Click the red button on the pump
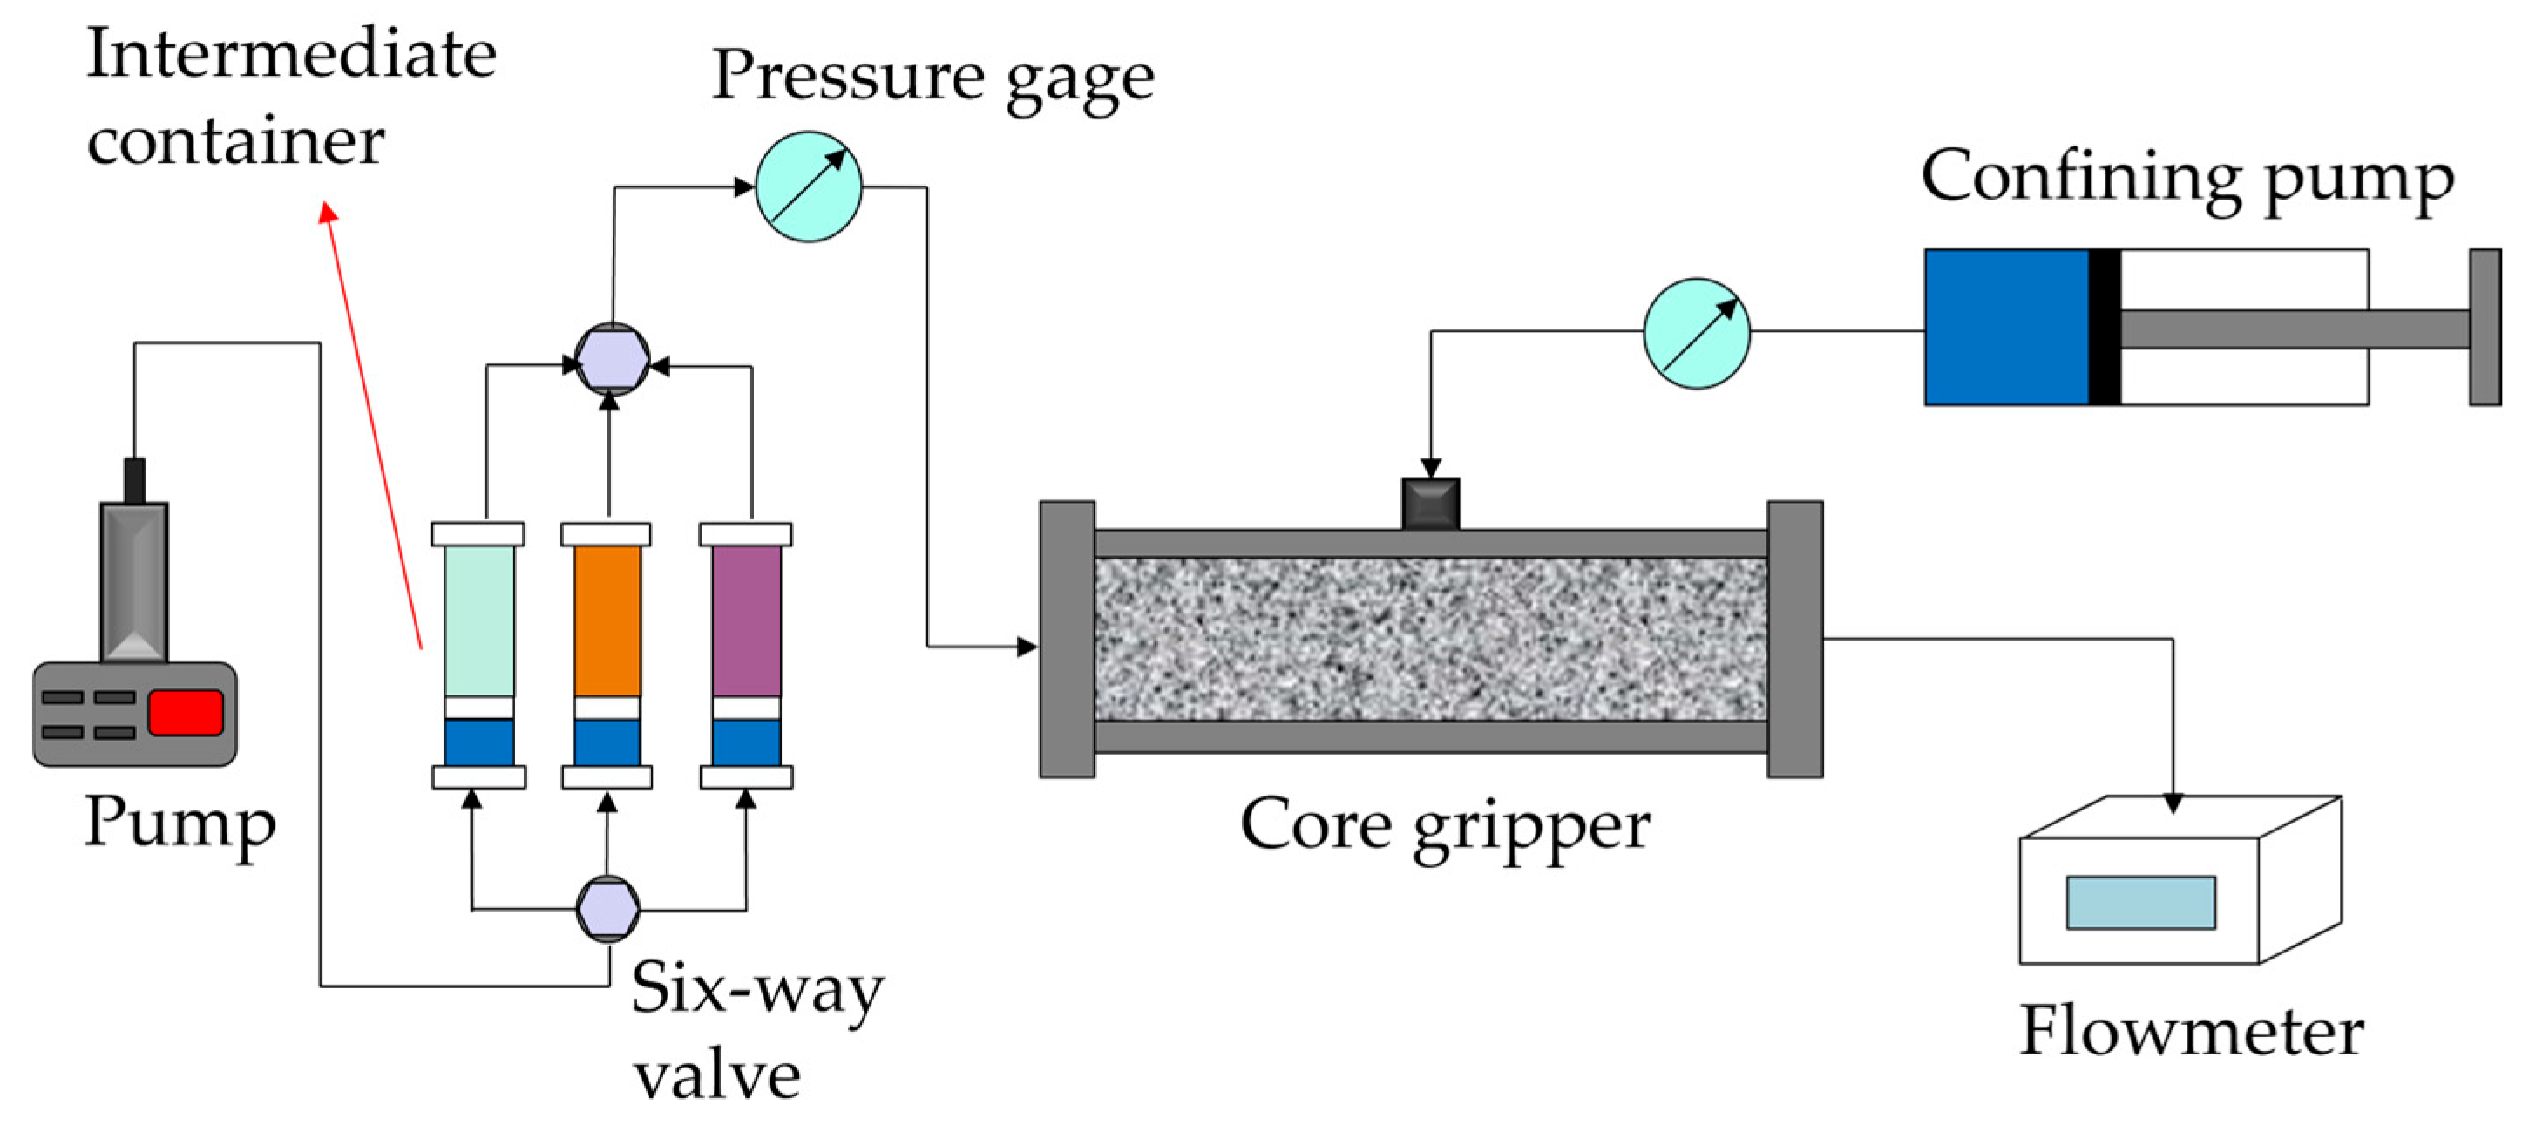(x=186, y=712)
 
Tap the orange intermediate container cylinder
(x=607, y=620)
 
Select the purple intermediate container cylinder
(x=746, y=620)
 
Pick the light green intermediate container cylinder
(x=478, y=620)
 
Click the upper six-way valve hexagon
(x=612, y=359)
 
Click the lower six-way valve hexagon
(x=607, y=908)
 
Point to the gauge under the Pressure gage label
(x=808, y=186)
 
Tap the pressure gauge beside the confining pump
(x=1697, y=333)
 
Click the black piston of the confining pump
(x=2104, y=327)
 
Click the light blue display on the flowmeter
(x=2140, y=901)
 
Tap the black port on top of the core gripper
(x=1430, y=503)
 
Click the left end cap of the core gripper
(x=1068, y=638)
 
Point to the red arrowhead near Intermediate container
(x=328, y=211)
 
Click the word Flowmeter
(x=2190, y=1031)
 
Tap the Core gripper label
(x=1444, y=824)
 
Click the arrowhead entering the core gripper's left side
(x=1027, y=646)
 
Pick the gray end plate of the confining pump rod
(x=2485, y=327)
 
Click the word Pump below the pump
(x=180, y=823)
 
